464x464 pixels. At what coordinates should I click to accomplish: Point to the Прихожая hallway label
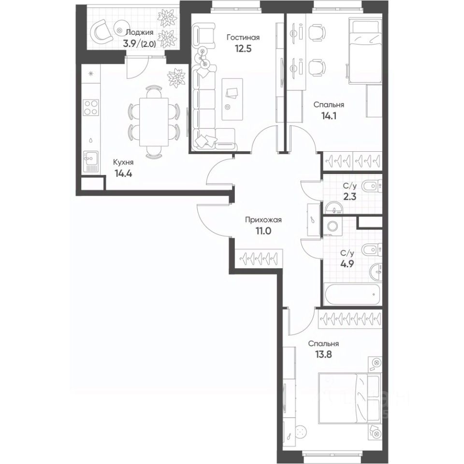(263, 220)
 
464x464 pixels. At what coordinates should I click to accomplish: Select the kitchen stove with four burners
(90, 107)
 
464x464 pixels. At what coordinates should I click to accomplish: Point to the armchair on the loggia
(103, 31)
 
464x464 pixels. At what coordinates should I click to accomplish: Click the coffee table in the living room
(232, 99)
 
